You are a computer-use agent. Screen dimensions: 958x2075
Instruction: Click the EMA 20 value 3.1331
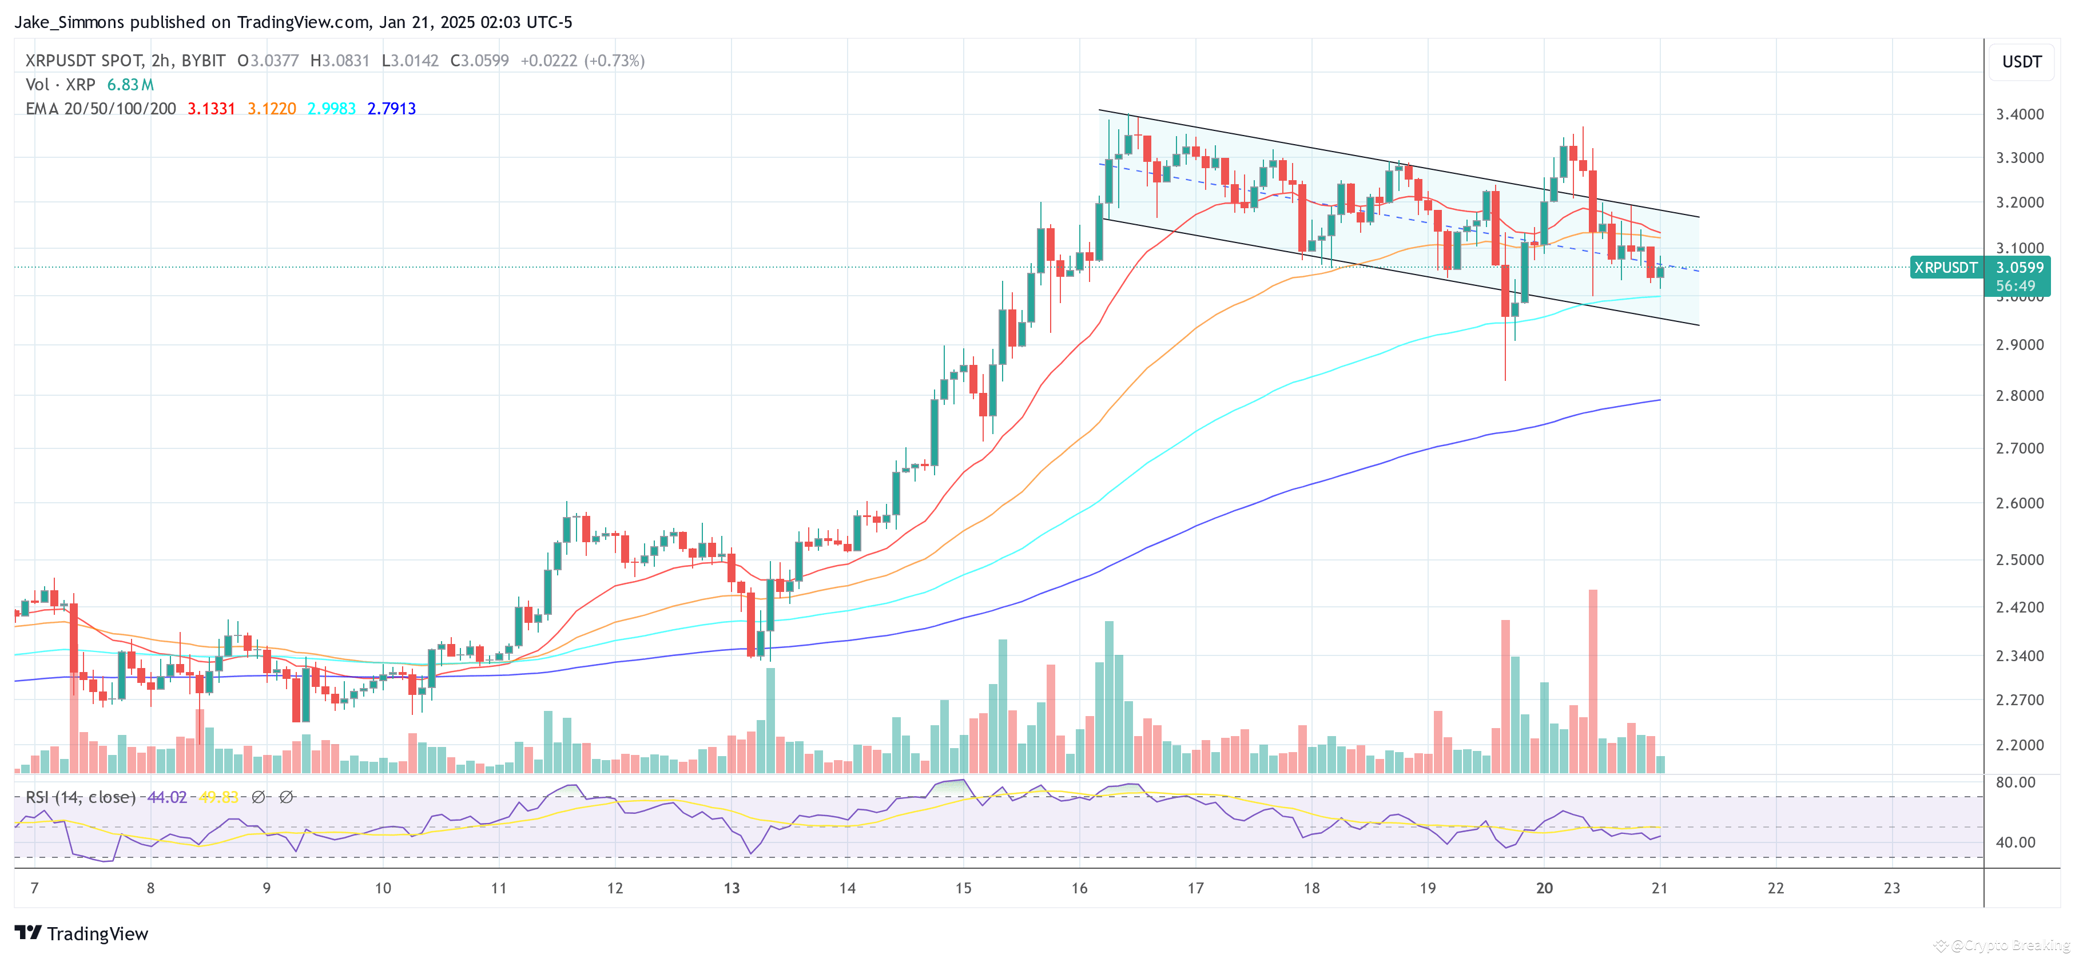[211, 109]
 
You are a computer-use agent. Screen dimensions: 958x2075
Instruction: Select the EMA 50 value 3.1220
[272, 109]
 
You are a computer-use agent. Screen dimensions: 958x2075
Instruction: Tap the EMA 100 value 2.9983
[331, 109]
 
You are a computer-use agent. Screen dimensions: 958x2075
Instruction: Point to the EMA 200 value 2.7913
[391, 109]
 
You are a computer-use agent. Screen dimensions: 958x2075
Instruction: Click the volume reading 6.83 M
[130, 85]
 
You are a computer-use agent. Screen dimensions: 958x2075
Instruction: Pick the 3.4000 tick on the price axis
[2020, 114]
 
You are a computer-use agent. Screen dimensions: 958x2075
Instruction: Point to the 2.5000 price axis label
[2020, 560]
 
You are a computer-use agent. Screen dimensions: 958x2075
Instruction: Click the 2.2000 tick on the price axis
[2020, 745]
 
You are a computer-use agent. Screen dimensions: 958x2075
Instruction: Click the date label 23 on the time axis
[1892, 888]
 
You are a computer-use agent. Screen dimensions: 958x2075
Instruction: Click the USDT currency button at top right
[2022, 62]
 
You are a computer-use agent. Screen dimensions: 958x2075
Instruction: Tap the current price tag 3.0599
[2020, 268]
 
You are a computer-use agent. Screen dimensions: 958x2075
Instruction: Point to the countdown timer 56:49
[2016, 286]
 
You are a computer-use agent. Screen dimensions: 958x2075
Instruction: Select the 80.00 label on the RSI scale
[2016, 782]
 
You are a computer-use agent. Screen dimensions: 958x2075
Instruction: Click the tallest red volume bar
[1592, 681]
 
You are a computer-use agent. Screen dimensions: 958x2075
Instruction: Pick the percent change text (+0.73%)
[615, 61]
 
